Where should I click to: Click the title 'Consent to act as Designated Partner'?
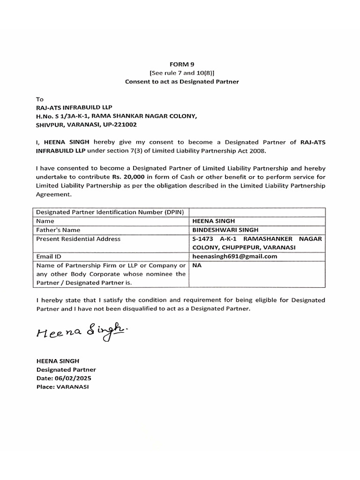click(x=182, y=82)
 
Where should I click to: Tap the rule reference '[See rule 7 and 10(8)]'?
click(x=182, y=73)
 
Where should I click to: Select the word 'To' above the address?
click(x=39, y=99)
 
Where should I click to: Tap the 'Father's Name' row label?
click(x=58, y=230)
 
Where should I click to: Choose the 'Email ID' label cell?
click(x=49, y=257)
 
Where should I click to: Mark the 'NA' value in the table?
click(x=197, y=265)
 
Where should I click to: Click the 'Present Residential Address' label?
click(x=78, y=239)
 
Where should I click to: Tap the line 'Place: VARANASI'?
click(x=62, y=387)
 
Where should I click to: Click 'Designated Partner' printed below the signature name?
click(x=66, y=370)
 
